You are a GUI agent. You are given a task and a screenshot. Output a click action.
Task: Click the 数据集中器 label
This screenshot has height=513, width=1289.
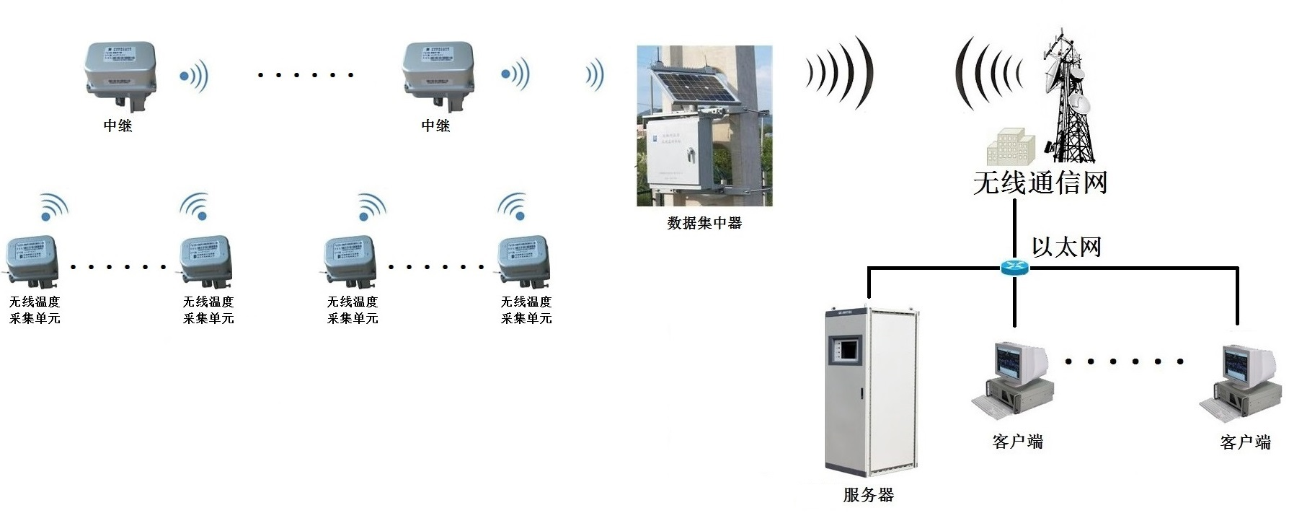704,223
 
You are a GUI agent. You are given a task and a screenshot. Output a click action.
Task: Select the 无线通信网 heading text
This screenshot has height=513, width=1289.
1040,183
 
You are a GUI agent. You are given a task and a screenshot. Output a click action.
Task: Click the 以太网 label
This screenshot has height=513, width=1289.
1066,247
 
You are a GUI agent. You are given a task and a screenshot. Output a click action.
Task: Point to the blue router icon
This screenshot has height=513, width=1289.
1015,268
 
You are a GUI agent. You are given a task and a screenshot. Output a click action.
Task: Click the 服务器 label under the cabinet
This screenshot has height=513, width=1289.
868,495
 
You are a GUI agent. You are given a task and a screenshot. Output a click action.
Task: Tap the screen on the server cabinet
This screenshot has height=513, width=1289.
844,349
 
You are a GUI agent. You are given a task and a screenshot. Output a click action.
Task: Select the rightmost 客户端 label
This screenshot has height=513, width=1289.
1245,442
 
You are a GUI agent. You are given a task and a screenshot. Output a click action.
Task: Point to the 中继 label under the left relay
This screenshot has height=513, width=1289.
118,126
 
